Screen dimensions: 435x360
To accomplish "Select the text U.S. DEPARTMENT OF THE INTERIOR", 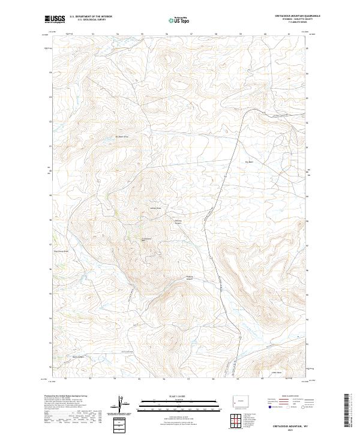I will coord(90,17).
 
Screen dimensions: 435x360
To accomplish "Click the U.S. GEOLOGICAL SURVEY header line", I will coord(90,20).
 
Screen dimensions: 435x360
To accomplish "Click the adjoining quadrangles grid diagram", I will coord(235,421).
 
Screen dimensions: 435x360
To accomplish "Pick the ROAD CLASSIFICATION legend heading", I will coord(286,397).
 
